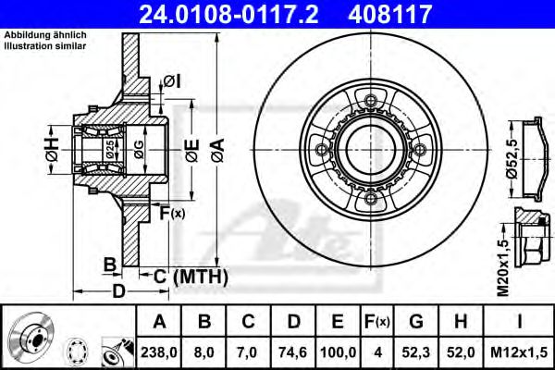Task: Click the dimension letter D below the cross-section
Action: [119, 293]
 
